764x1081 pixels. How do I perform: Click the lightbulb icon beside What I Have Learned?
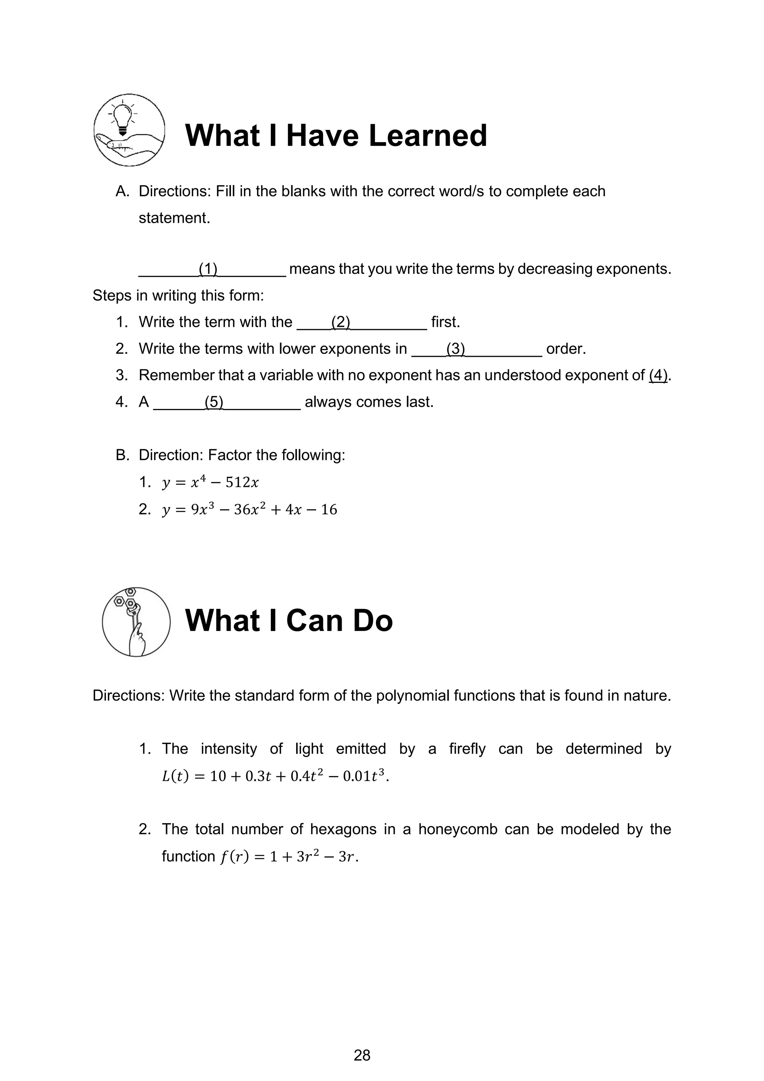coord(129,129)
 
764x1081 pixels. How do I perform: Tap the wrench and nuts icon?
coord(136,622)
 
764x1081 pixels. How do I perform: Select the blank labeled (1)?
coord(212,269)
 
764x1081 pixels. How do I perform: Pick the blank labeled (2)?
coord(361,322)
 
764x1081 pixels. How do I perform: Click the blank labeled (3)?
coord(476,349)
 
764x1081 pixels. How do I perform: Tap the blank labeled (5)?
coord(227,402)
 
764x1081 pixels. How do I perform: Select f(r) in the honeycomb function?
coord(234,856)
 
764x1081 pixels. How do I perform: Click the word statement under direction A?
coord(174,218)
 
